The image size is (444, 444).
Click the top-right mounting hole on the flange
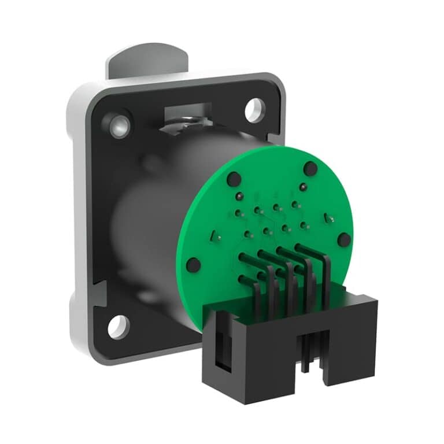254,110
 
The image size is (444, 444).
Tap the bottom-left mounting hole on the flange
118,327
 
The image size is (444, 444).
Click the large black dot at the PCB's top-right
310,169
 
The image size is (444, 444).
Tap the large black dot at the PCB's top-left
234,179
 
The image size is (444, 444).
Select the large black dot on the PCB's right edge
344,240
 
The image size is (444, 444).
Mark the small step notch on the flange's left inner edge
99,292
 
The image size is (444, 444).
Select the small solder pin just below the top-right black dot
302,187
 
